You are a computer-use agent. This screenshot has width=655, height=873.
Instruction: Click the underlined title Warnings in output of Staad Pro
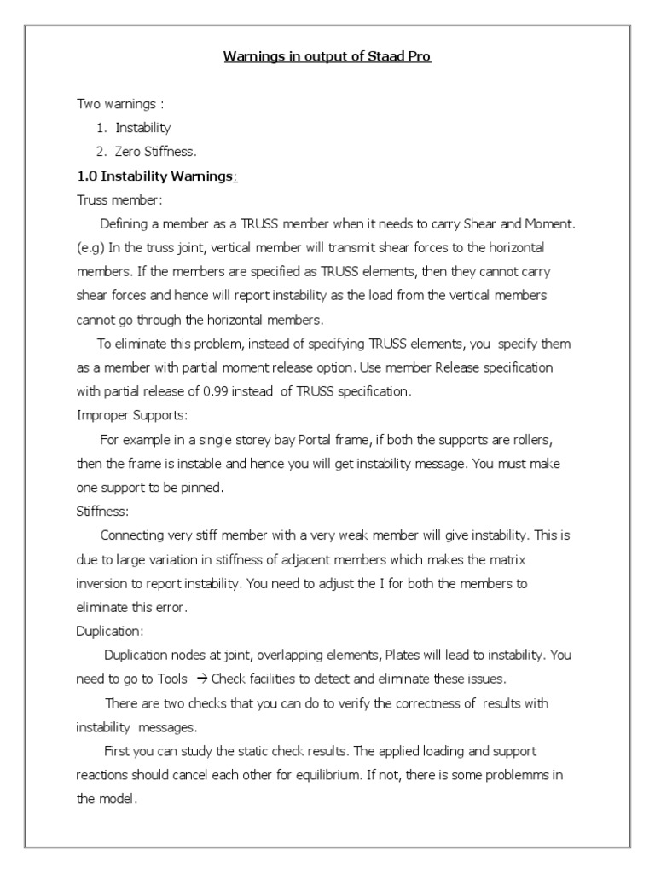coord(327,57)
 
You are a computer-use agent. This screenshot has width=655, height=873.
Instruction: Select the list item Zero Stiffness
coord(156,152)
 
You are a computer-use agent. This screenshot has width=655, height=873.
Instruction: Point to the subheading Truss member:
coord(119,199)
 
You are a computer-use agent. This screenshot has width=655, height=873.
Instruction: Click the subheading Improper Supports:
coord(132,415)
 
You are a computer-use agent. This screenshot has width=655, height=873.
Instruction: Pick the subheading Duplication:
coord(110,632)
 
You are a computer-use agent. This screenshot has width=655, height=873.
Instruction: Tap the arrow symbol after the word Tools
coord(201,679)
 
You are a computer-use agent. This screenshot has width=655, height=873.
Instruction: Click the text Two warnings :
coord(120,104)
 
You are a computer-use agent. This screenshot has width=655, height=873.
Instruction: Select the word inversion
coord(103,584)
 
